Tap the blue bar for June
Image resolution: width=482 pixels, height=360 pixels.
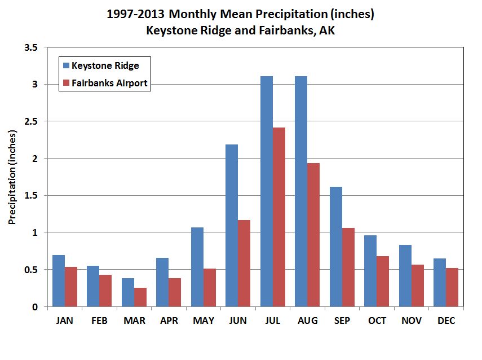tap(232, 226)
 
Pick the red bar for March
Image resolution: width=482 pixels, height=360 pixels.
tap(140, 297)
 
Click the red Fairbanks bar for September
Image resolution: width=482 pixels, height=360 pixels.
tap(348, 267)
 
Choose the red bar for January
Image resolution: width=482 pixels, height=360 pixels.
tap(71, 287)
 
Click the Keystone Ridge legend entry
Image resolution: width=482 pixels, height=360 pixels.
tap(104, 65)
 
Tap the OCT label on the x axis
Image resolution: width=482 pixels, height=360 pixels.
tap(377, 321)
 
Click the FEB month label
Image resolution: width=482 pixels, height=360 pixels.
tap(99, 321)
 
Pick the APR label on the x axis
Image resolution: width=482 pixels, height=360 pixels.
tap(169, 321)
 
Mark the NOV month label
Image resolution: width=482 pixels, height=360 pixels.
tap(412, 321)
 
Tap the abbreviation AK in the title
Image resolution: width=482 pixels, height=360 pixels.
tap(327, 30)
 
